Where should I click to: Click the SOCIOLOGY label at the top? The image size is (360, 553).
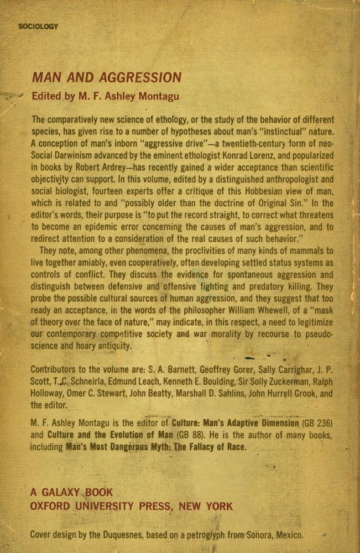click(x=38, y=27)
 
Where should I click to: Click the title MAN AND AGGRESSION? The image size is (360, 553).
click(x=107, y=77)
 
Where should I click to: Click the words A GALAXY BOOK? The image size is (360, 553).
click(x=71, y=492)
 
